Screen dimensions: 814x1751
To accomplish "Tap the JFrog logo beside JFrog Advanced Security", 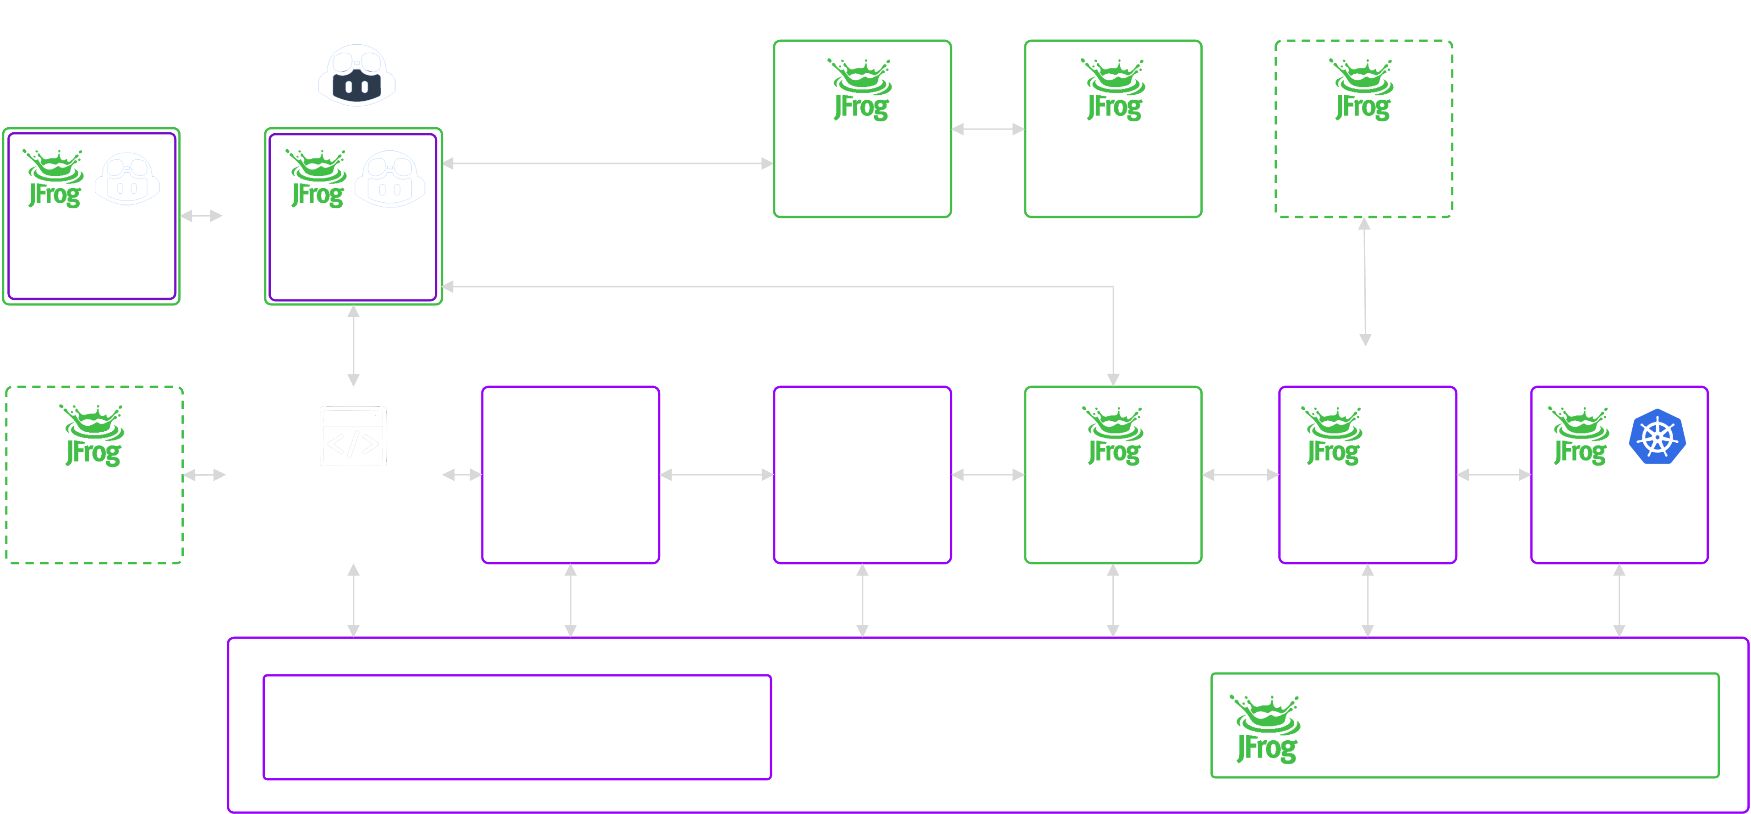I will click(x=1266, y=728).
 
